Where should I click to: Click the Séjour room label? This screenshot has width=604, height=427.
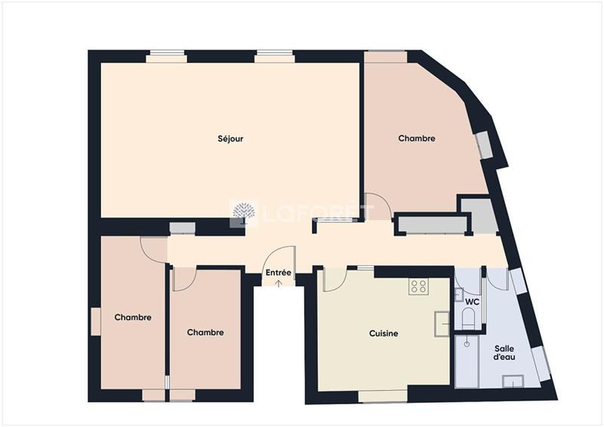230,139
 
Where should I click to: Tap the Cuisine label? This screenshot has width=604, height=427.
384,333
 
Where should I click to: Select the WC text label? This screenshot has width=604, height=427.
472,302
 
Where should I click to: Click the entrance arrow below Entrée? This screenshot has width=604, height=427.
279,283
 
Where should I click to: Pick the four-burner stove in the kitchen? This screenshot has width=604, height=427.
418,287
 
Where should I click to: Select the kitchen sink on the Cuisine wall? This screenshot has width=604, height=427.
442,324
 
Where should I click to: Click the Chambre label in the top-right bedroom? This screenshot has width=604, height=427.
417,138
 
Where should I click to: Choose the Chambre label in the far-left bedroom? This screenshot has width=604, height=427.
133,317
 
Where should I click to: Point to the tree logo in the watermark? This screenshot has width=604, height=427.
243,213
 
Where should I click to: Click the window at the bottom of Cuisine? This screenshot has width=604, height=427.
383,395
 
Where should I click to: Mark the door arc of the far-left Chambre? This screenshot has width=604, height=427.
154,249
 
